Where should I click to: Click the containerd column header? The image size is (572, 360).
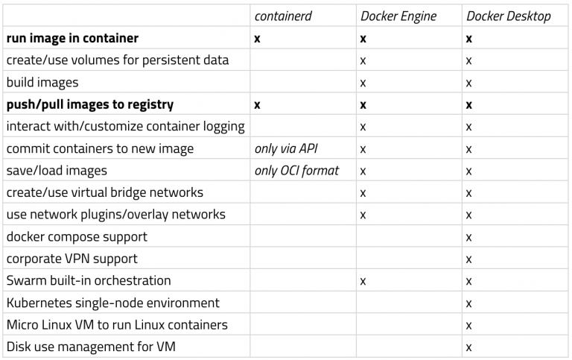point(282,16)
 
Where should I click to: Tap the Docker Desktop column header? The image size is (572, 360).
point(509,16)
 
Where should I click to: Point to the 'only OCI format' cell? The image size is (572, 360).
point(296,171)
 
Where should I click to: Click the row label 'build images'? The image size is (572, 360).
point(42,82)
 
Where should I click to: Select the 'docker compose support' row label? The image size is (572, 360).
point(77,237)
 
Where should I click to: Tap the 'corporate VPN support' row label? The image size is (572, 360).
point(71,259)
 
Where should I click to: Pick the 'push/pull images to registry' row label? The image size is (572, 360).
point(90,104)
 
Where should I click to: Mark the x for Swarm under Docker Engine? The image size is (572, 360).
point(363,281)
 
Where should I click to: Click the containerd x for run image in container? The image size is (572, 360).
point(258,38)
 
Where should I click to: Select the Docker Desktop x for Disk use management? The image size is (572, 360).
point(468,347)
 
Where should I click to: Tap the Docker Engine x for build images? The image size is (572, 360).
point(363,82)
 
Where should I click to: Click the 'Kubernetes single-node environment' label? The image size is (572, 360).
point(112,303)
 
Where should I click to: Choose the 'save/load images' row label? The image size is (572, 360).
point(57,171)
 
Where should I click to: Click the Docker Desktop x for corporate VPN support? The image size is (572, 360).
point(468,259)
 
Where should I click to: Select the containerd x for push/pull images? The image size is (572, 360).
point(258,104)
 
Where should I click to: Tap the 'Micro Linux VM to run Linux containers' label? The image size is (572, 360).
point(117,325)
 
